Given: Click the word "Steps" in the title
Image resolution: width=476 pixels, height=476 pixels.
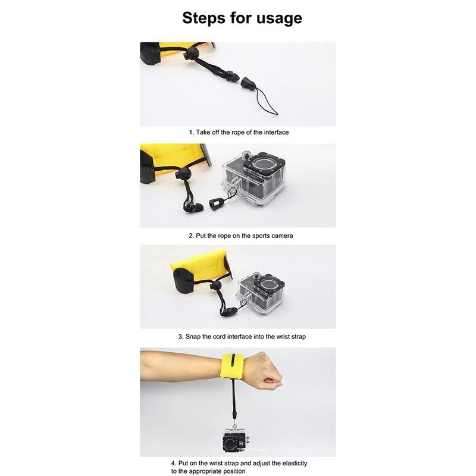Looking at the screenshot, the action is tap(203, 18).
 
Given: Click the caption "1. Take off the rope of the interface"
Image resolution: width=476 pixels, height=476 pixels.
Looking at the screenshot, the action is tap(239, 132).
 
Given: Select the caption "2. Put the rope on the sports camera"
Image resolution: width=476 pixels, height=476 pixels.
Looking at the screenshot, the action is tap(241, 236).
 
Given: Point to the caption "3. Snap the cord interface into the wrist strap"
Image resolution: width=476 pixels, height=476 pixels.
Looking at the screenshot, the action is tap(242, 337).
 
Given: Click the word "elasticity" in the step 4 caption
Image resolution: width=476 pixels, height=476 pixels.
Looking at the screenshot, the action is tap(295, 464).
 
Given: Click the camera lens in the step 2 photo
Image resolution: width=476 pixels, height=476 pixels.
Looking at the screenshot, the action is tap(263, 164).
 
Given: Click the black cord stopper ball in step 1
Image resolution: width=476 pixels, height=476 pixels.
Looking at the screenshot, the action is tap(191, 54).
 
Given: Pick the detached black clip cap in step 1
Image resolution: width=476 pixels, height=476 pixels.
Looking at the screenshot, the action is tap(248, 83).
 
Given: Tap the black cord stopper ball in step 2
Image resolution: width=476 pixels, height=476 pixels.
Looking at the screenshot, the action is tap(183, 174).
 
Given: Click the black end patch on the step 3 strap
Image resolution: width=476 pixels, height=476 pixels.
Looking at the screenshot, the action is tap(183, 280).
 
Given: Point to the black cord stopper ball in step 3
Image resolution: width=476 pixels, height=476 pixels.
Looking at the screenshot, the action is tap(217, 286).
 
